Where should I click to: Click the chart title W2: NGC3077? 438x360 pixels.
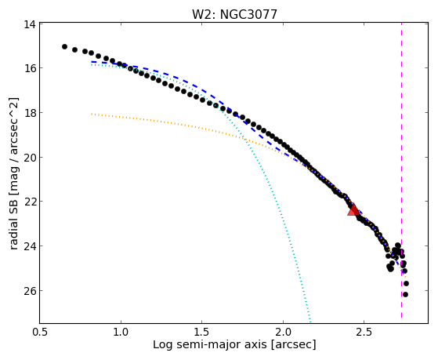click(234, 14)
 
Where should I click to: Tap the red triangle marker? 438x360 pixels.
click(353, 209)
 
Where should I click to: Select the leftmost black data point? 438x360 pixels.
click(64, 46)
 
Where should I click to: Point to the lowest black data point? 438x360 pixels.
click(405, 294)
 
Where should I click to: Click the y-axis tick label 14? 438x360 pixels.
click(30, 24)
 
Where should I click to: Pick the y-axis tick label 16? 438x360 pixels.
click(30, 68)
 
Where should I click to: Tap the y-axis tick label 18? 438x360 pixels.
click(30, 113)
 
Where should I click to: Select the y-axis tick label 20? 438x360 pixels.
click(30, 157)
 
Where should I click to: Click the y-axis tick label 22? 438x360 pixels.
click(30, 202)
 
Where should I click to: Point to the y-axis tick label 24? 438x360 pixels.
click(30, 245)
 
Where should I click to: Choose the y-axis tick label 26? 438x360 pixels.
click(30, 291)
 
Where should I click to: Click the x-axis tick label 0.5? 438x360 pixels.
click(40, 332)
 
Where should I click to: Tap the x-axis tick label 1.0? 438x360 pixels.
click(121, 332)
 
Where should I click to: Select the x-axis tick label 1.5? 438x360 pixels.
click(202, 332)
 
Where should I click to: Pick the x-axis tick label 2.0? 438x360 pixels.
click(283, 332)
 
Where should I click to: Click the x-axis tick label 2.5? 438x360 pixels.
click(364, 332)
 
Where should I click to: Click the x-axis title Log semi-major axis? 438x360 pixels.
click(210, 344)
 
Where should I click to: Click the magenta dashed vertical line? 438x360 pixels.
click(401, 170)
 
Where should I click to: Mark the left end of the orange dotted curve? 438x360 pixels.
click(92, 114)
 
